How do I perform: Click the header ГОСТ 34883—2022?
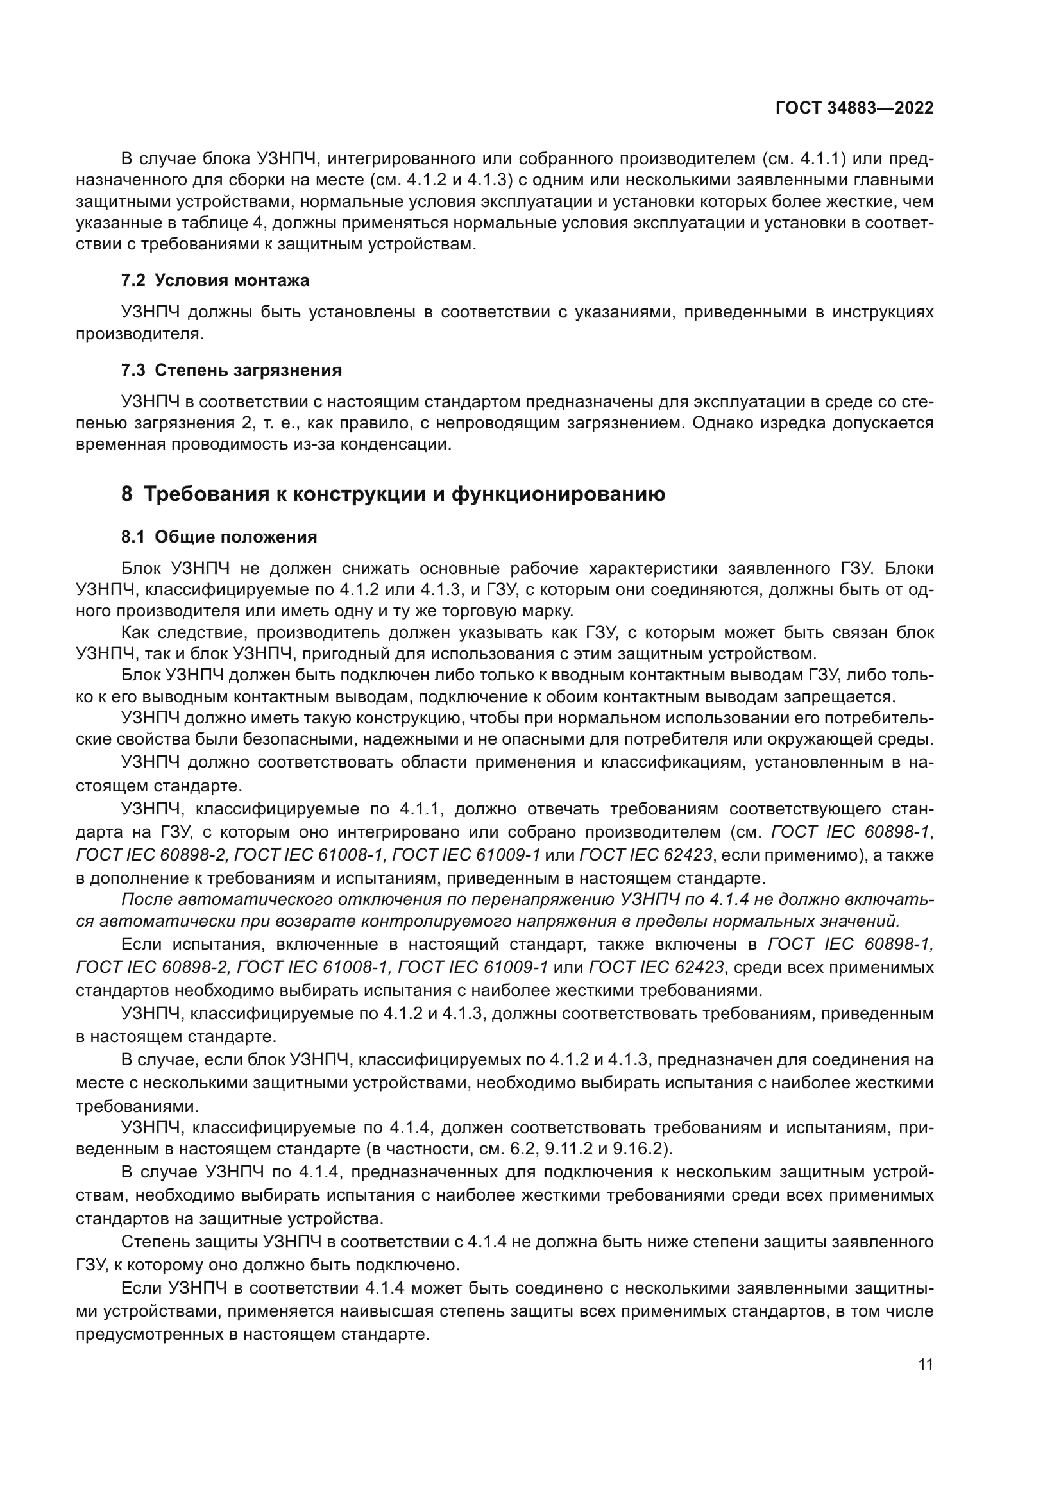tap(854, 108)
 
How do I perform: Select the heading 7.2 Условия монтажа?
tap(215, 280)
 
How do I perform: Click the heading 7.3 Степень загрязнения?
tap(232, 371)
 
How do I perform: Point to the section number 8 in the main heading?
tap(127, 494)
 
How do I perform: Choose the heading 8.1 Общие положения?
tap(219, 537)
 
